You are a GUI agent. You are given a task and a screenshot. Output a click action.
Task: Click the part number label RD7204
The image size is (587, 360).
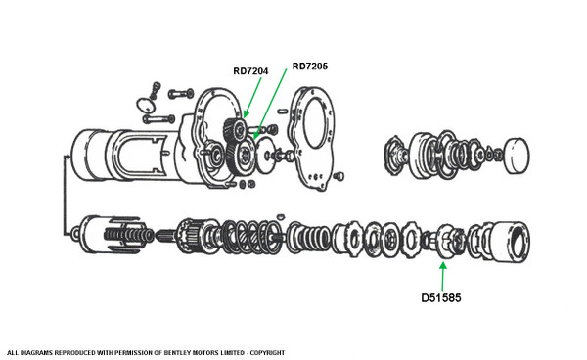coord(250,71)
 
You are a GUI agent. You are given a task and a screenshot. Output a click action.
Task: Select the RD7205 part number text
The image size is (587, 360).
coord(310,67)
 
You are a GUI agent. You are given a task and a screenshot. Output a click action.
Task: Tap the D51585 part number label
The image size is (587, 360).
coord(441,297)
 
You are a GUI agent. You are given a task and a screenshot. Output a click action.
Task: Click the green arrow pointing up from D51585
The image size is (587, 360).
coord(443,277)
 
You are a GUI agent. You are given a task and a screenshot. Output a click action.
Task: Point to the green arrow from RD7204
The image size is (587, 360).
coord(252,97)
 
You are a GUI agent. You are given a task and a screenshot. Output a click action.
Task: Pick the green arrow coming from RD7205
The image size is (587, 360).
coord(270,104)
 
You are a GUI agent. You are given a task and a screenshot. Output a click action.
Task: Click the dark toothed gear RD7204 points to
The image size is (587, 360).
coord(236,130)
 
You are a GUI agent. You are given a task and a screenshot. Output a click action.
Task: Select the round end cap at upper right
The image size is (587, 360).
coord(517,156)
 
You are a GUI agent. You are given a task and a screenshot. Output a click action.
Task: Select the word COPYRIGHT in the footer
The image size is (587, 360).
coord(267,352)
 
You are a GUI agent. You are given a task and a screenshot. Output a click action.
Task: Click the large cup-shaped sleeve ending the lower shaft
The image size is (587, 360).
coord(509,241)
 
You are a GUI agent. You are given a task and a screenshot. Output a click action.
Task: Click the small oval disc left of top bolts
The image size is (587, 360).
coord(146,105)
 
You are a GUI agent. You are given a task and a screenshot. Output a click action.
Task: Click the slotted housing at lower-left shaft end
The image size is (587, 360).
coord(113,234)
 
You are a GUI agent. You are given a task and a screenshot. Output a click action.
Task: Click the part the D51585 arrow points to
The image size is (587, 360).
coord(447,241)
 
